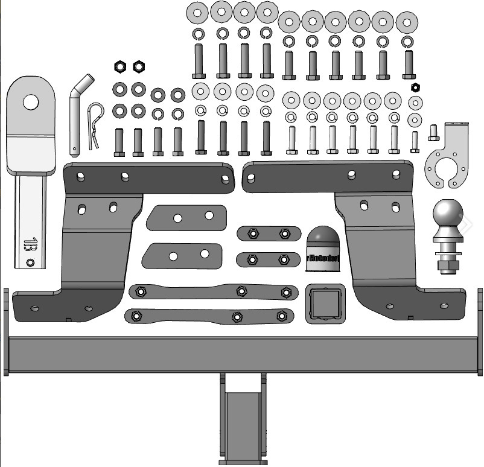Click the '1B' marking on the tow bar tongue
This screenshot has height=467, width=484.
point(30,245)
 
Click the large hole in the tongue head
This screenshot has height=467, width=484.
point(31,101)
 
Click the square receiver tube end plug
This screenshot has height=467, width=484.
point(325,302)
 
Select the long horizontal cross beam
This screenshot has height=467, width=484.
point(241,350)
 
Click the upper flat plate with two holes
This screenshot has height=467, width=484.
point(186,217)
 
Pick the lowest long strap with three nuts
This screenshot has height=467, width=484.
point(209,316)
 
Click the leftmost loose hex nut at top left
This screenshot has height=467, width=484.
point(119,65)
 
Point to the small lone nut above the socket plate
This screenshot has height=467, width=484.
point(415,87)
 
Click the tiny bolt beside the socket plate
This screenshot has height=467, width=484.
point(433,132)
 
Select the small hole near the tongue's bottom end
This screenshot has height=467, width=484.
point(30,262)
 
